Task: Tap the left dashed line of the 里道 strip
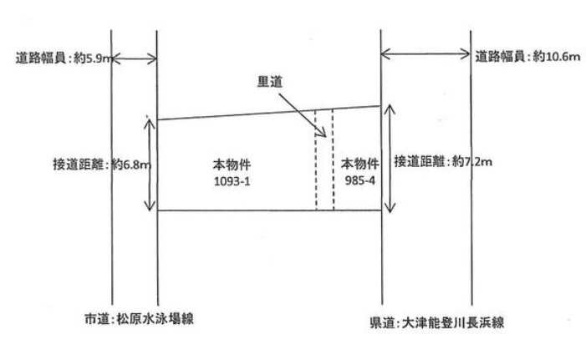pyautogui.click(x=316, y=167)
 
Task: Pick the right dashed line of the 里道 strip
pyautogui.click(x=333, y=167)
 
